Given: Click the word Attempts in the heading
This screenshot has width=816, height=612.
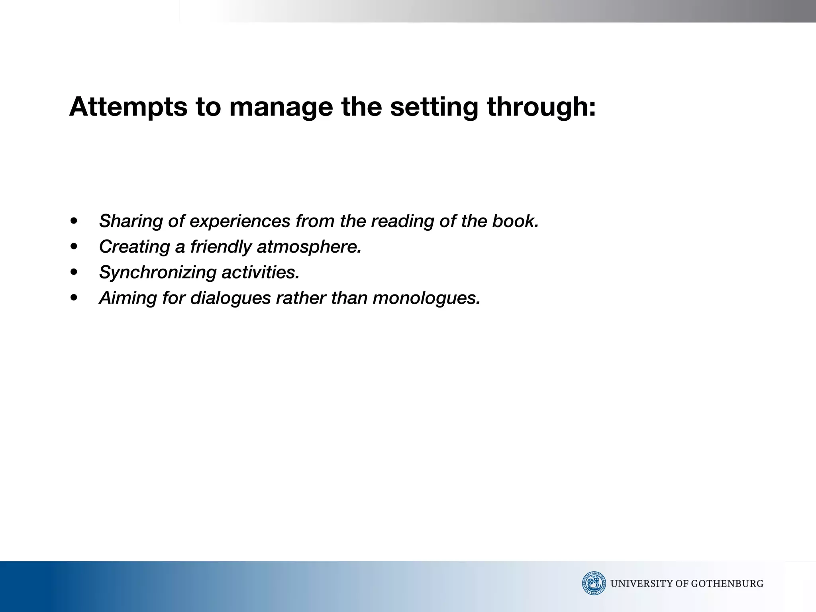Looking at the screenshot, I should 128,107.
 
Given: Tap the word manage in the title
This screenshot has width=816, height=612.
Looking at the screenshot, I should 281,107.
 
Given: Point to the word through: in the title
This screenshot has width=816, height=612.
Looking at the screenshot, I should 541,107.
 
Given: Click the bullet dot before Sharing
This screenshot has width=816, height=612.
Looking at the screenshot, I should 74,221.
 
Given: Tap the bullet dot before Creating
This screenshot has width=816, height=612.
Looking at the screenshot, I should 74,247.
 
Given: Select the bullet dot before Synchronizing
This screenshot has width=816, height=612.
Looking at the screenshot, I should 74,272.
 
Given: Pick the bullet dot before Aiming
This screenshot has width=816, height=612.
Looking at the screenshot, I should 74,298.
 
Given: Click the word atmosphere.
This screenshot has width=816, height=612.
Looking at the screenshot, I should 309,247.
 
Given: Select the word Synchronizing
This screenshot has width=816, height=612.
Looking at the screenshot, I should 157,272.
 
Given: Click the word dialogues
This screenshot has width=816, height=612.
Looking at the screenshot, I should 231,298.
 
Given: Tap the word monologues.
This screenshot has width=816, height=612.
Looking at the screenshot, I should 426,298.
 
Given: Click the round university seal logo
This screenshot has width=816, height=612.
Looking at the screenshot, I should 594,583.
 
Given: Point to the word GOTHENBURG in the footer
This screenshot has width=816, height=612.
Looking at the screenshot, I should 727,584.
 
